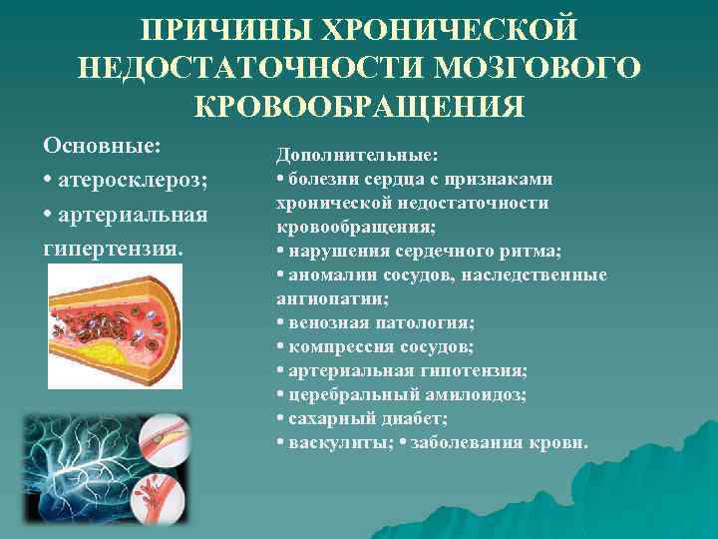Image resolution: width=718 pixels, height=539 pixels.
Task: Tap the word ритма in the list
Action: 530,251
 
